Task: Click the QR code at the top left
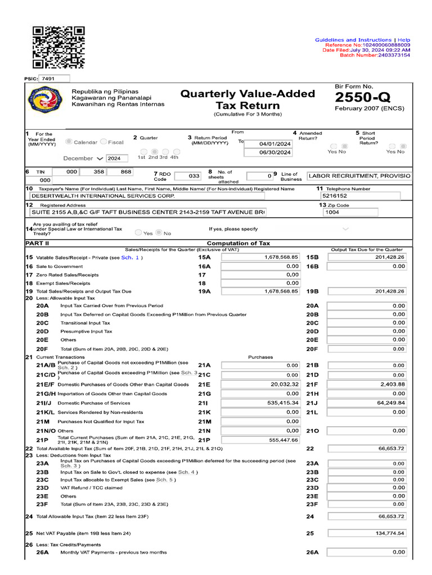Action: [x=58, y=47]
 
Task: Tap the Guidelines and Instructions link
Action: [x=353, y=40]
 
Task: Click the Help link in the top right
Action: [x=404, y=40]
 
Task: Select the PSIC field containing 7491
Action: [x=54, y=79]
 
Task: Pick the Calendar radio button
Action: [x=70, y=143]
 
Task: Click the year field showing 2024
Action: [x=117, y=158]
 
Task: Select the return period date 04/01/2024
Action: [x=274, y=144]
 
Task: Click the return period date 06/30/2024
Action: [x=274, y=153]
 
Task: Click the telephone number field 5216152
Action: [x=360, y=197]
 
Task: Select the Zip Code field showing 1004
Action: [x=360, y=212]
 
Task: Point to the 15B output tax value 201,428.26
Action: [x=367, y=257]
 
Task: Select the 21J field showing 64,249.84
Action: [x=367, y=403]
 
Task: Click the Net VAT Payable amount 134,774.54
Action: [x=367, y=533]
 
